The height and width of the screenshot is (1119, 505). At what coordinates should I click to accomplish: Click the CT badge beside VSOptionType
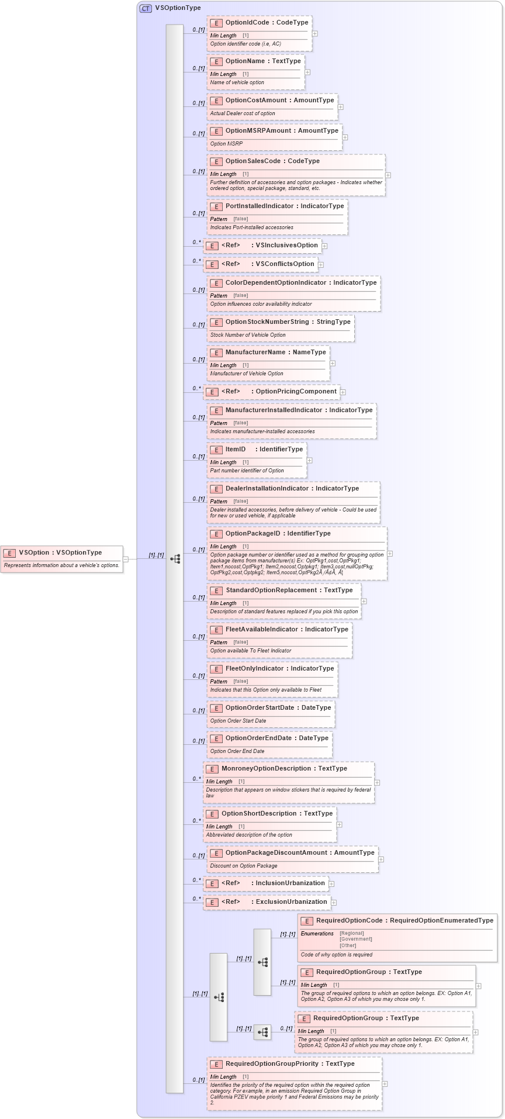[146, 8]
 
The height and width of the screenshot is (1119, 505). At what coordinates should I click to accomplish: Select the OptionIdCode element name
[247, 22]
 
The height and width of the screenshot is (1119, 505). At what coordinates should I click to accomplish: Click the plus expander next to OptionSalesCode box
[388, 175]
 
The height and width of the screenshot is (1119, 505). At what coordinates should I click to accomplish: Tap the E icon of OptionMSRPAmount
[216, 131]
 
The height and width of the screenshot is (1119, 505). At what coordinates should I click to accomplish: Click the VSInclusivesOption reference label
[286, 245]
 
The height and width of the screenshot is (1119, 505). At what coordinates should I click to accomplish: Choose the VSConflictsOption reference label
[285, 264]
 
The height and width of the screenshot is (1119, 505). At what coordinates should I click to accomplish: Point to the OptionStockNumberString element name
[267, 322]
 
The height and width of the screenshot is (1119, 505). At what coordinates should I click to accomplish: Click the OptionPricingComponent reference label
[296, 391]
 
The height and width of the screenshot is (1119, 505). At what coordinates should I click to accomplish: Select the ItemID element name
[236, 449]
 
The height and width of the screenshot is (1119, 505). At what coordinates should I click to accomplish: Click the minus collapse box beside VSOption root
[126, 559]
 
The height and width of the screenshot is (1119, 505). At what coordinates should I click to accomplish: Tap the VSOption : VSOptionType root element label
[60, 552]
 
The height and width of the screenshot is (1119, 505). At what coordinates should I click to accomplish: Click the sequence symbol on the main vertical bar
[175, 559]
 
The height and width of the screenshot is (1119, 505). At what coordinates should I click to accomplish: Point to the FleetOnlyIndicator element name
[255, 668]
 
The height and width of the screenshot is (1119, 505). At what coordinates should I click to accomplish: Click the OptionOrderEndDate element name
[258, 738]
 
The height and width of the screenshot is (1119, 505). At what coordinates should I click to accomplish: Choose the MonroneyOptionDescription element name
[266, 768]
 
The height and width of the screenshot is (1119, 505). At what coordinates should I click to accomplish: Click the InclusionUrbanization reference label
[290, 883]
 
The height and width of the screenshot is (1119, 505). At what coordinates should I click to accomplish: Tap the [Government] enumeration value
[355, 939]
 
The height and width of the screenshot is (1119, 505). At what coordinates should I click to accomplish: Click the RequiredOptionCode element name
[349, 920]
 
